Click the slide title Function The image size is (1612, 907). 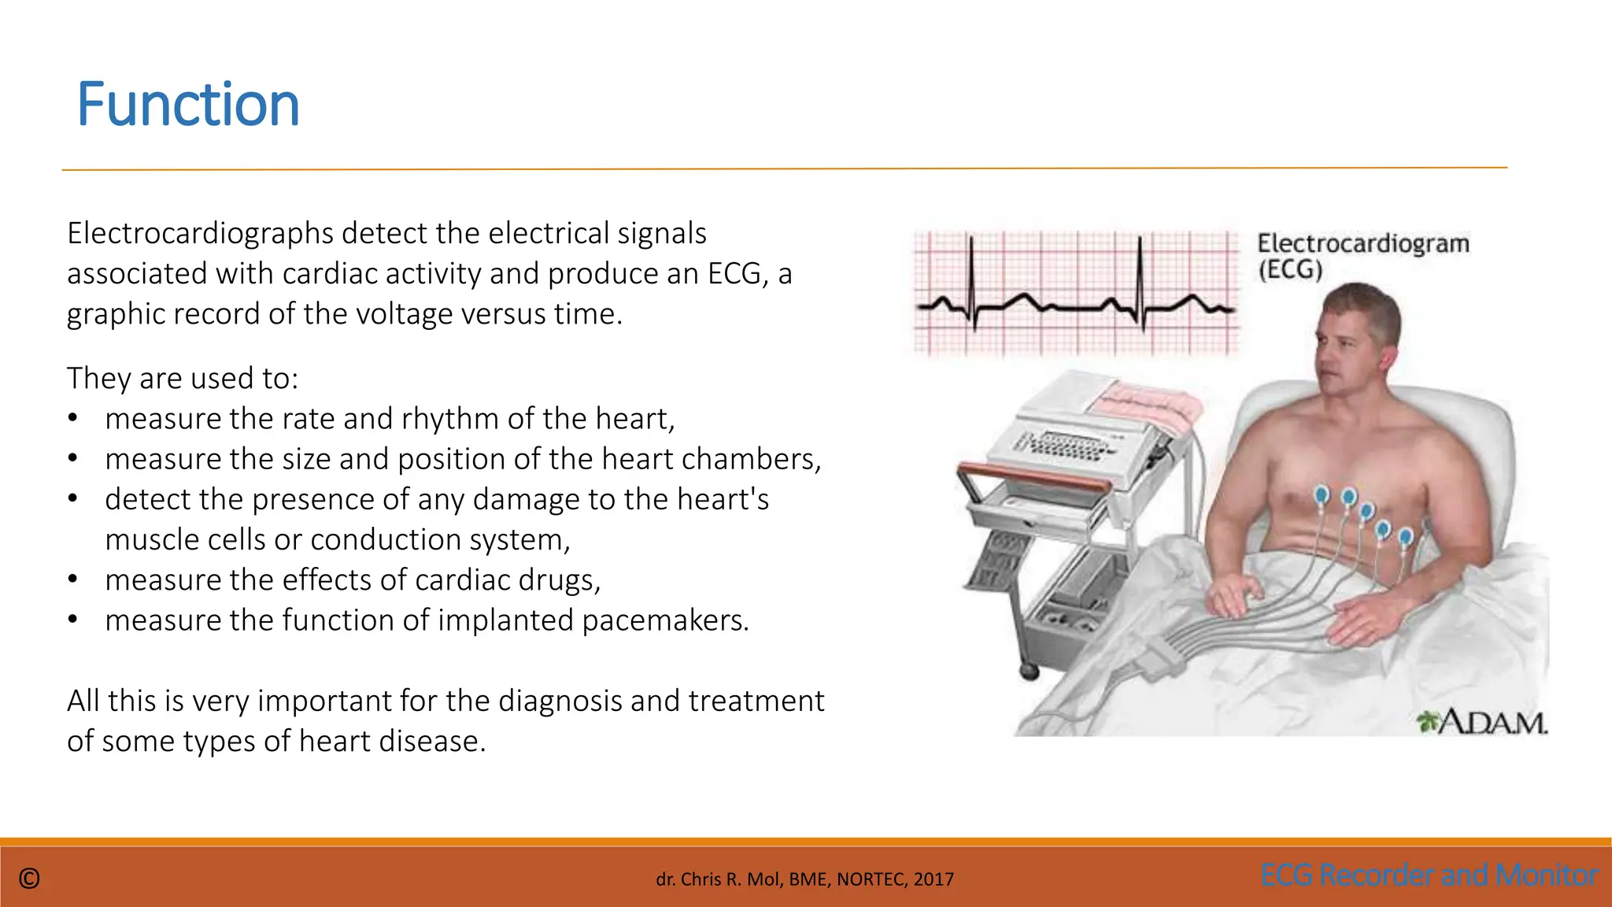[188, 105]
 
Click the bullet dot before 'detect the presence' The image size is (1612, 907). [72, 499]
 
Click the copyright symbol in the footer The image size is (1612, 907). [29, 879]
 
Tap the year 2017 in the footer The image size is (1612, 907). [934, 879]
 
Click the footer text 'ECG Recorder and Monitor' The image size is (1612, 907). [1429, 876]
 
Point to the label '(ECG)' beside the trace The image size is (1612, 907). [1289, 271]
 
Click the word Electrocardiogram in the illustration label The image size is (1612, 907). [1362, 243]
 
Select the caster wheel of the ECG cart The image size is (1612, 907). [1029, 671]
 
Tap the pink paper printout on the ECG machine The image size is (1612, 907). [1145, 402]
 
